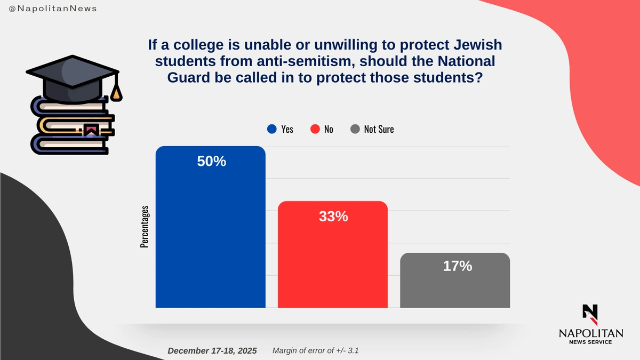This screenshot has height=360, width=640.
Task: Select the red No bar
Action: (x=333, y=261)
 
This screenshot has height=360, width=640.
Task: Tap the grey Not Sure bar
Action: (x=455, y=288)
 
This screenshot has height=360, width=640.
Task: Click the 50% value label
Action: (x=212, y=162)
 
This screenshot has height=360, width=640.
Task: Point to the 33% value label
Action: (x=333, y=217)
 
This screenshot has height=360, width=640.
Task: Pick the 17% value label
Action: (x=457, y=266)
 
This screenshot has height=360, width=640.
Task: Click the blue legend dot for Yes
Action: (x=272, y=129)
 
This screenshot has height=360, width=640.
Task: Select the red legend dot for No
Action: (x=315, y=129)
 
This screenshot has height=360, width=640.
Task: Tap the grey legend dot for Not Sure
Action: (x=355, y=129)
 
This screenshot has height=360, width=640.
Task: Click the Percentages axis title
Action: (x=145, y=226)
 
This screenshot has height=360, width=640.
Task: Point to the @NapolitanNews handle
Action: (x=53, y=9)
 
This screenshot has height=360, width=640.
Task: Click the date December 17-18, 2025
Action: (x=212, y=351)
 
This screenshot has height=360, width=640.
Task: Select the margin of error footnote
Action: (x=319, y=351)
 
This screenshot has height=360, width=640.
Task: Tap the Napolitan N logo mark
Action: (x=590, y=314)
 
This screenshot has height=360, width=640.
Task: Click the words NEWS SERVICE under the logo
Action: (x=590, y=342)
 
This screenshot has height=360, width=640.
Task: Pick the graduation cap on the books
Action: (x=72, y=77)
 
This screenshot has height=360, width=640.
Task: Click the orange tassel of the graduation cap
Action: (x=116, y=94)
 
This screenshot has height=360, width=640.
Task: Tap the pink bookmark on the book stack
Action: (x=90, y=129)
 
